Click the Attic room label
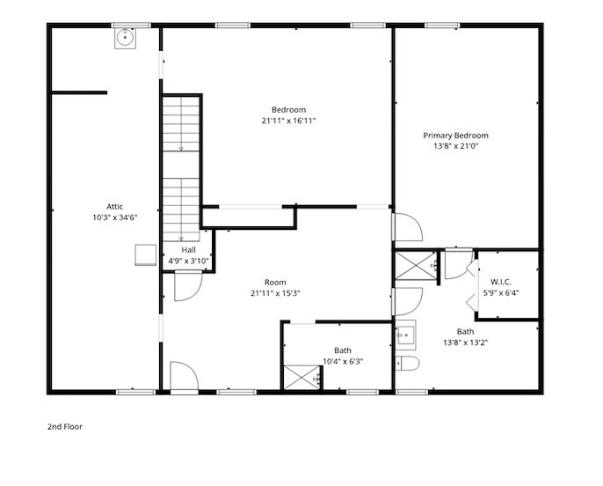pyautogui.click(x=114, y=206)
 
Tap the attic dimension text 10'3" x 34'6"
pyautogui.click(x=114, y=217)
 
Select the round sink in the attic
pyautogui.click(x=127, y=37)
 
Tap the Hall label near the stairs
pyautogui.click(x=188, y=250)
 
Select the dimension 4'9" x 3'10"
pyautogui.click(x=188, y=261)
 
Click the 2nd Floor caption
pyautogui.click(x=65, y=426)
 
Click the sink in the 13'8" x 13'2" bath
pyautogui.click(x=405, y=335)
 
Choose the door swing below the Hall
pyautogui.click(x=187, y=286)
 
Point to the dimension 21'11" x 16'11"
pyautogui.click(x=287, y=120)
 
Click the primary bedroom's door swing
pyautogui.click(x=407, y=227)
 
